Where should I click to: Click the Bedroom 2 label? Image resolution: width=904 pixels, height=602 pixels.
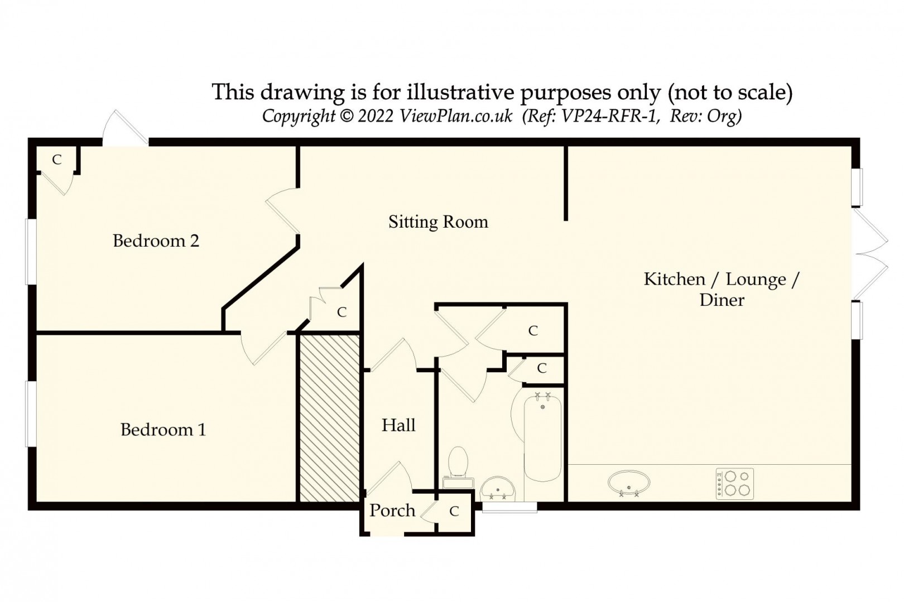tap(156, 241)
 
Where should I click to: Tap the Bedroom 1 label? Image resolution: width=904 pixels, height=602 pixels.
tap(163, 430)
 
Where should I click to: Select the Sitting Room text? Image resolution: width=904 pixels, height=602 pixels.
tap(438, 222)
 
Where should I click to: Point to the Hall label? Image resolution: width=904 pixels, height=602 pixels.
tap(398, 426)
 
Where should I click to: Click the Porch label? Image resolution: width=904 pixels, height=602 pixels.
tap(392, 511)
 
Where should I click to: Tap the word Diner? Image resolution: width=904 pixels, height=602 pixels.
tap(722, 300)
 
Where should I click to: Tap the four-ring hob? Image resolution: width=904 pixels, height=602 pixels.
tap(734, 484)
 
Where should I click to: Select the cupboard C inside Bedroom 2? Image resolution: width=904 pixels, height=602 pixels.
tap(56, 160)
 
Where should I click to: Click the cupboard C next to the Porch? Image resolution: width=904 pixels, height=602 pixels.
tap(454, 511)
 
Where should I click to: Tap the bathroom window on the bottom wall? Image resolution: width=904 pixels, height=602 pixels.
tap(509, 507)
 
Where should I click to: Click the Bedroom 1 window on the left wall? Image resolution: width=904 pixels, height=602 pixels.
tap(31, 413)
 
